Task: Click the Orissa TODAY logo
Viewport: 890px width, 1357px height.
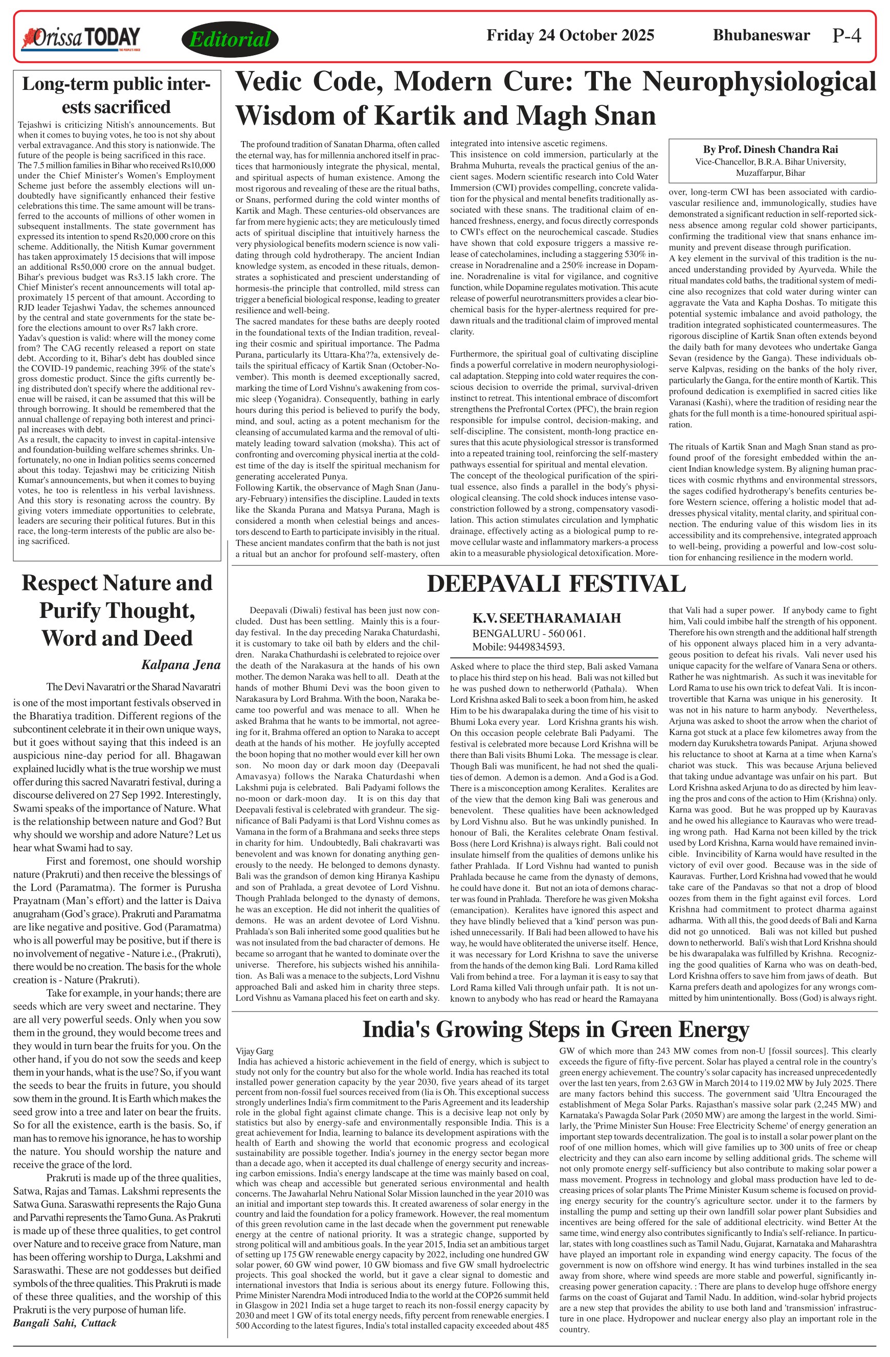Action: coord(80,38)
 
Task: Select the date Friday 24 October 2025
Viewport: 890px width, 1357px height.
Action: coord(569,35)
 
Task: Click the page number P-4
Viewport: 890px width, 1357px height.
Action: coord(846,36)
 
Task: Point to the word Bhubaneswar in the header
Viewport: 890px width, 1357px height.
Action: coord(761,35)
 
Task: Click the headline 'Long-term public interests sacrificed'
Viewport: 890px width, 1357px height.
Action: coord(117,95)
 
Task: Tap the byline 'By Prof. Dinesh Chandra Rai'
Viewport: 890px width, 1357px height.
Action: coord(770,149)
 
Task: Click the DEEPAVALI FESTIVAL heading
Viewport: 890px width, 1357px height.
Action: coord(555,584)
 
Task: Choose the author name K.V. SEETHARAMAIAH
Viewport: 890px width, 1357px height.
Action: coord(546,618)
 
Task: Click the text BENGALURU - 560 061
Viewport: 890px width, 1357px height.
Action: coord(529,633)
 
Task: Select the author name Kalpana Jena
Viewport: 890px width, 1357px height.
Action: coord(180,664)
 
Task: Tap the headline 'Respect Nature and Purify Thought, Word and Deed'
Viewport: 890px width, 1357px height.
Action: coord(117,610)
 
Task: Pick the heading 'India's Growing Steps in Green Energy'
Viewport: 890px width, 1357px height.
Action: coord(555,1029)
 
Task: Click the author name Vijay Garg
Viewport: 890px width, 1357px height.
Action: coord(254,1051)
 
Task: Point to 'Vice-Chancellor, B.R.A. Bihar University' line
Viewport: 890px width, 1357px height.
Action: coord(770,162)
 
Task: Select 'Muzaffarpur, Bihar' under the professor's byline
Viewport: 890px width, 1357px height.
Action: coord(770,173)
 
